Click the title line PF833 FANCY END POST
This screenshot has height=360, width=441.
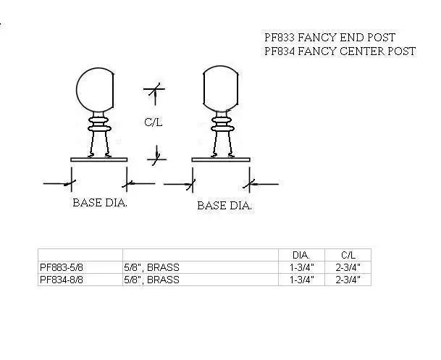(329, 38)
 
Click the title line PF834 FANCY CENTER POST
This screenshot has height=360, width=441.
(340, 51)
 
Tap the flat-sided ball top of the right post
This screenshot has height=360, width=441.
(221, 91)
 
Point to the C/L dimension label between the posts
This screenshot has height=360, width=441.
(153, 122)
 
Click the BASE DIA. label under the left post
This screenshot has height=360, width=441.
(100, 203)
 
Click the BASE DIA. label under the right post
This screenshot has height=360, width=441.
(224, 206)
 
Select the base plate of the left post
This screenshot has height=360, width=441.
(98, 159)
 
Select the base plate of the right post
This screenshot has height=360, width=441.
(221, 159)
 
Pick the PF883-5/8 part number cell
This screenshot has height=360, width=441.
(67, 267)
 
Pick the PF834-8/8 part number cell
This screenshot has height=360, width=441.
(67, 279)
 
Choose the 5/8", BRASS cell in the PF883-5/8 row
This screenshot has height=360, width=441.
(151, 267)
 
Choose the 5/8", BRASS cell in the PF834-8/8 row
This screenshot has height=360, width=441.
(151, 279)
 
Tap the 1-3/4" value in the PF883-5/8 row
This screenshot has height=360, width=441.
(301, 267)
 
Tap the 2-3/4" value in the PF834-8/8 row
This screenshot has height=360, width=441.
(348, 279)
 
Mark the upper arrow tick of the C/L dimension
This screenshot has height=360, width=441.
(154, 91)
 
